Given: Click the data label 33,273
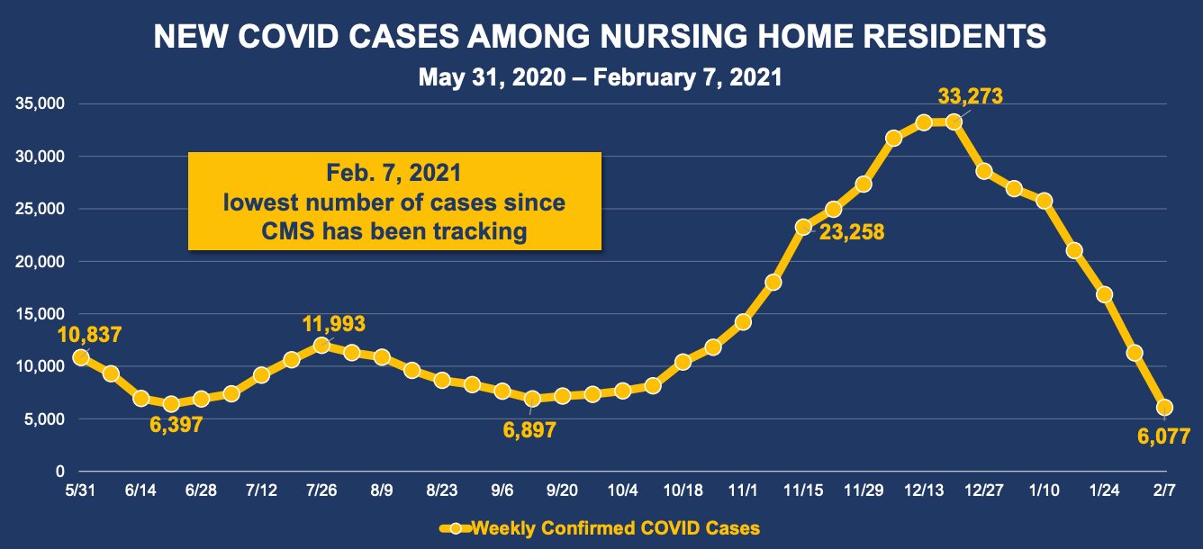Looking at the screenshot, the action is pyautogui.click(x=970, y=96).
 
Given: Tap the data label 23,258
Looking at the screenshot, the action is pyautogui.click(x=851, y=232).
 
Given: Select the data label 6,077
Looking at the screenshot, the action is pyautogui.click(x=1163, y=436).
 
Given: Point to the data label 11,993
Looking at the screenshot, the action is pyautogui.click(x=333, y=324).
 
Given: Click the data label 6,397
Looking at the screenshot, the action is pyautogui.click(x=176, y=425).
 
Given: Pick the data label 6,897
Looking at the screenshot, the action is pyautogui.click(x=529, y=430).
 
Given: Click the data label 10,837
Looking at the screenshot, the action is pyautogui.click(x=89, y=334).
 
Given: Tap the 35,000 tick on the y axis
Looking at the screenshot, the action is pyautogui.click(x=40, y=103).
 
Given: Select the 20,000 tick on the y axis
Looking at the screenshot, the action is pyautogui.click(x=40, y=261).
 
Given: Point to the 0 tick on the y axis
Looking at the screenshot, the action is pyautogui.click(x=59, y=472).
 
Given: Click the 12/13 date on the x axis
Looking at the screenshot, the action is pyautogui.click(x=924, y=490).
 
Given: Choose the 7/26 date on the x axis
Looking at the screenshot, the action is pyautogui.click(x=321, y=490).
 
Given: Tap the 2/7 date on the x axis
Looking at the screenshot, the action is pyautogui.click(x=1164, y=490).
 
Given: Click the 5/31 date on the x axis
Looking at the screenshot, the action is pyautogui.click(x=80, y=490).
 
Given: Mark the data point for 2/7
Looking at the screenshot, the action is pyautogui.click(x=1164, y=407).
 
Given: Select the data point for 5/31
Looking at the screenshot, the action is pyautogui.click(x=80, y=357).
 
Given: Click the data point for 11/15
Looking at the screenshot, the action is pyautogui.click(x=803, y=227).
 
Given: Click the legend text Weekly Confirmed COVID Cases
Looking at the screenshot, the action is pyautogui.click(x=616, y=528).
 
